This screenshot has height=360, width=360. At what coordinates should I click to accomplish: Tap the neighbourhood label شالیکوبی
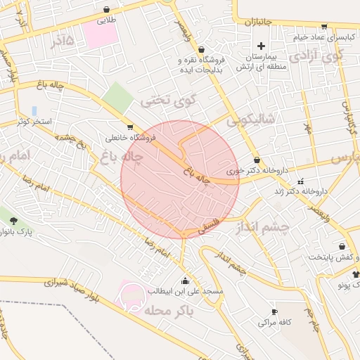(x=252, y=120)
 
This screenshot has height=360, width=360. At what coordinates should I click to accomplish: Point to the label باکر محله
(x=166, y=309)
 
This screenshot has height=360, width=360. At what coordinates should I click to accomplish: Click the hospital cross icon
(x=261, y=46)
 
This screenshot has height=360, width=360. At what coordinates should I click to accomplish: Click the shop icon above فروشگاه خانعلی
(x=129, y=127)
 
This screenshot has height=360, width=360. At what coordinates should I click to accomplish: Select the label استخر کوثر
(x=37, y=122)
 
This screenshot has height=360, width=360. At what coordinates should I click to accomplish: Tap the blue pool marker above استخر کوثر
(x=34, y=110)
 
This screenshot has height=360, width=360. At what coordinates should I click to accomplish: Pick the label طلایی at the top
(x=105, y=20)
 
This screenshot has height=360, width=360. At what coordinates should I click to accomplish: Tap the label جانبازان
(x=258, y=22)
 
